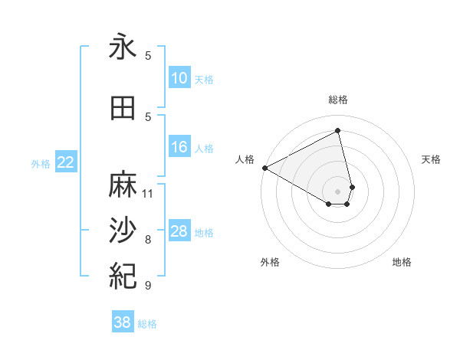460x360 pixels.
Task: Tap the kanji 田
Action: pos(123,108)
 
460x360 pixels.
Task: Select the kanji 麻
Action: pos(123,184)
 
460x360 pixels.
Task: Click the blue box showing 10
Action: pos(179,78)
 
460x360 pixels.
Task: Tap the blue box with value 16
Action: pos(179,147)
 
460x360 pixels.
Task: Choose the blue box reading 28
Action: pos(179,231)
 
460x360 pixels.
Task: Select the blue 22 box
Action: pos(66,162)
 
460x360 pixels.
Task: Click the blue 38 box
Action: pos(123,322)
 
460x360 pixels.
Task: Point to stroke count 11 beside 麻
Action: pos(148,193)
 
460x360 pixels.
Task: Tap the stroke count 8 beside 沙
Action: pos(148,240)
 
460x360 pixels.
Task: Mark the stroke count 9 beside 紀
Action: pos(148,286)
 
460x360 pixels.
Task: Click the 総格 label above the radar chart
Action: pos(338,100)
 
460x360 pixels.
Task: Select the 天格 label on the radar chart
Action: pos(432,159)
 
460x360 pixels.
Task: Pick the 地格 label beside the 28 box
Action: pos(205,232)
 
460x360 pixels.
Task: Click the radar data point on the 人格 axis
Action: pos(264,168)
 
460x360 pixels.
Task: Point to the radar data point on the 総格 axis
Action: pos(338,131)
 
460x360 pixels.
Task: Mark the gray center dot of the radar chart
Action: pos(338,191)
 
